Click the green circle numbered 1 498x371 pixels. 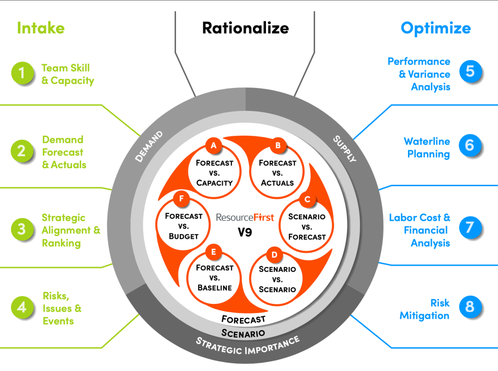click(21, 74)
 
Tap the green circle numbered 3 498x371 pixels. click(21, 230)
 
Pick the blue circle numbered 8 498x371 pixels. click(470, 307)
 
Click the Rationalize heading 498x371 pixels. click(245, 28)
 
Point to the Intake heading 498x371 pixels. click(41, 28)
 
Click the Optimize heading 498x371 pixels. click(436, 28)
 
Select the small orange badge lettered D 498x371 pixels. click(274, 254)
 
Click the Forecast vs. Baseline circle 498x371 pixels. click(214, 276)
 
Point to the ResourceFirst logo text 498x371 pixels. click(245, 217)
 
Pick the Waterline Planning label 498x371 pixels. click(427, 148)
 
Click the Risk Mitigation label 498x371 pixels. click(425, 309)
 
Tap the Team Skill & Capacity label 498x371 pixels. click(67, 74)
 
